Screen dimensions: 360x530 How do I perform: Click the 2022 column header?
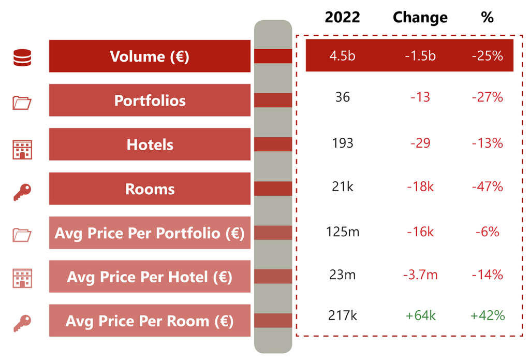click(x=342, y=17)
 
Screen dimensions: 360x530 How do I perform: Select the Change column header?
click(x=419, y=17)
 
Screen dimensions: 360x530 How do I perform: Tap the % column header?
click(x=487, y=17)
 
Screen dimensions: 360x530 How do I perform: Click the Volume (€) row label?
click(x=150, y=56)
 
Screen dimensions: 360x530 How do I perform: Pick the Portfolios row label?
click(x=150, y=100)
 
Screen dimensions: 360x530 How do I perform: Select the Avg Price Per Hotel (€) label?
click(x=150, y=277)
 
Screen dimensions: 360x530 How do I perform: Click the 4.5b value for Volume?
click(x=343, y=56)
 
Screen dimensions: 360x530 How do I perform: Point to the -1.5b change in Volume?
click(x=420, y=56)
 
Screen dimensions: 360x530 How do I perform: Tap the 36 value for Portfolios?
click(x=343, y=97)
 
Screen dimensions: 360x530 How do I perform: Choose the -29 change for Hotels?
click(x=420, y=142)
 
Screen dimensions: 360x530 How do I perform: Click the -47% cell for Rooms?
click(x=487, y=186)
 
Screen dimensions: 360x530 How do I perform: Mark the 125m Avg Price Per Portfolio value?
click(x=343, y=232)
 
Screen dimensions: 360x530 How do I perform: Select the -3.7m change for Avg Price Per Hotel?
click(x=420, y=275)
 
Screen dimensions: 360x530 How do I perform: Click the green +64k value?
click(x=420, y=315)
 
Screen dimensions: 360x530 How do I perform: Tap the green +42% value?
click(x=487, y=315)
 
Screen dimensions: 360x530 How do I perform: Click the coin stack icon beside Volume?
click(x=22, y=56)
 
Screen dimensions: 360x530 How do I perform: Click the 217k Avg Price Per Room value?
click(x=343, y=315)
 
